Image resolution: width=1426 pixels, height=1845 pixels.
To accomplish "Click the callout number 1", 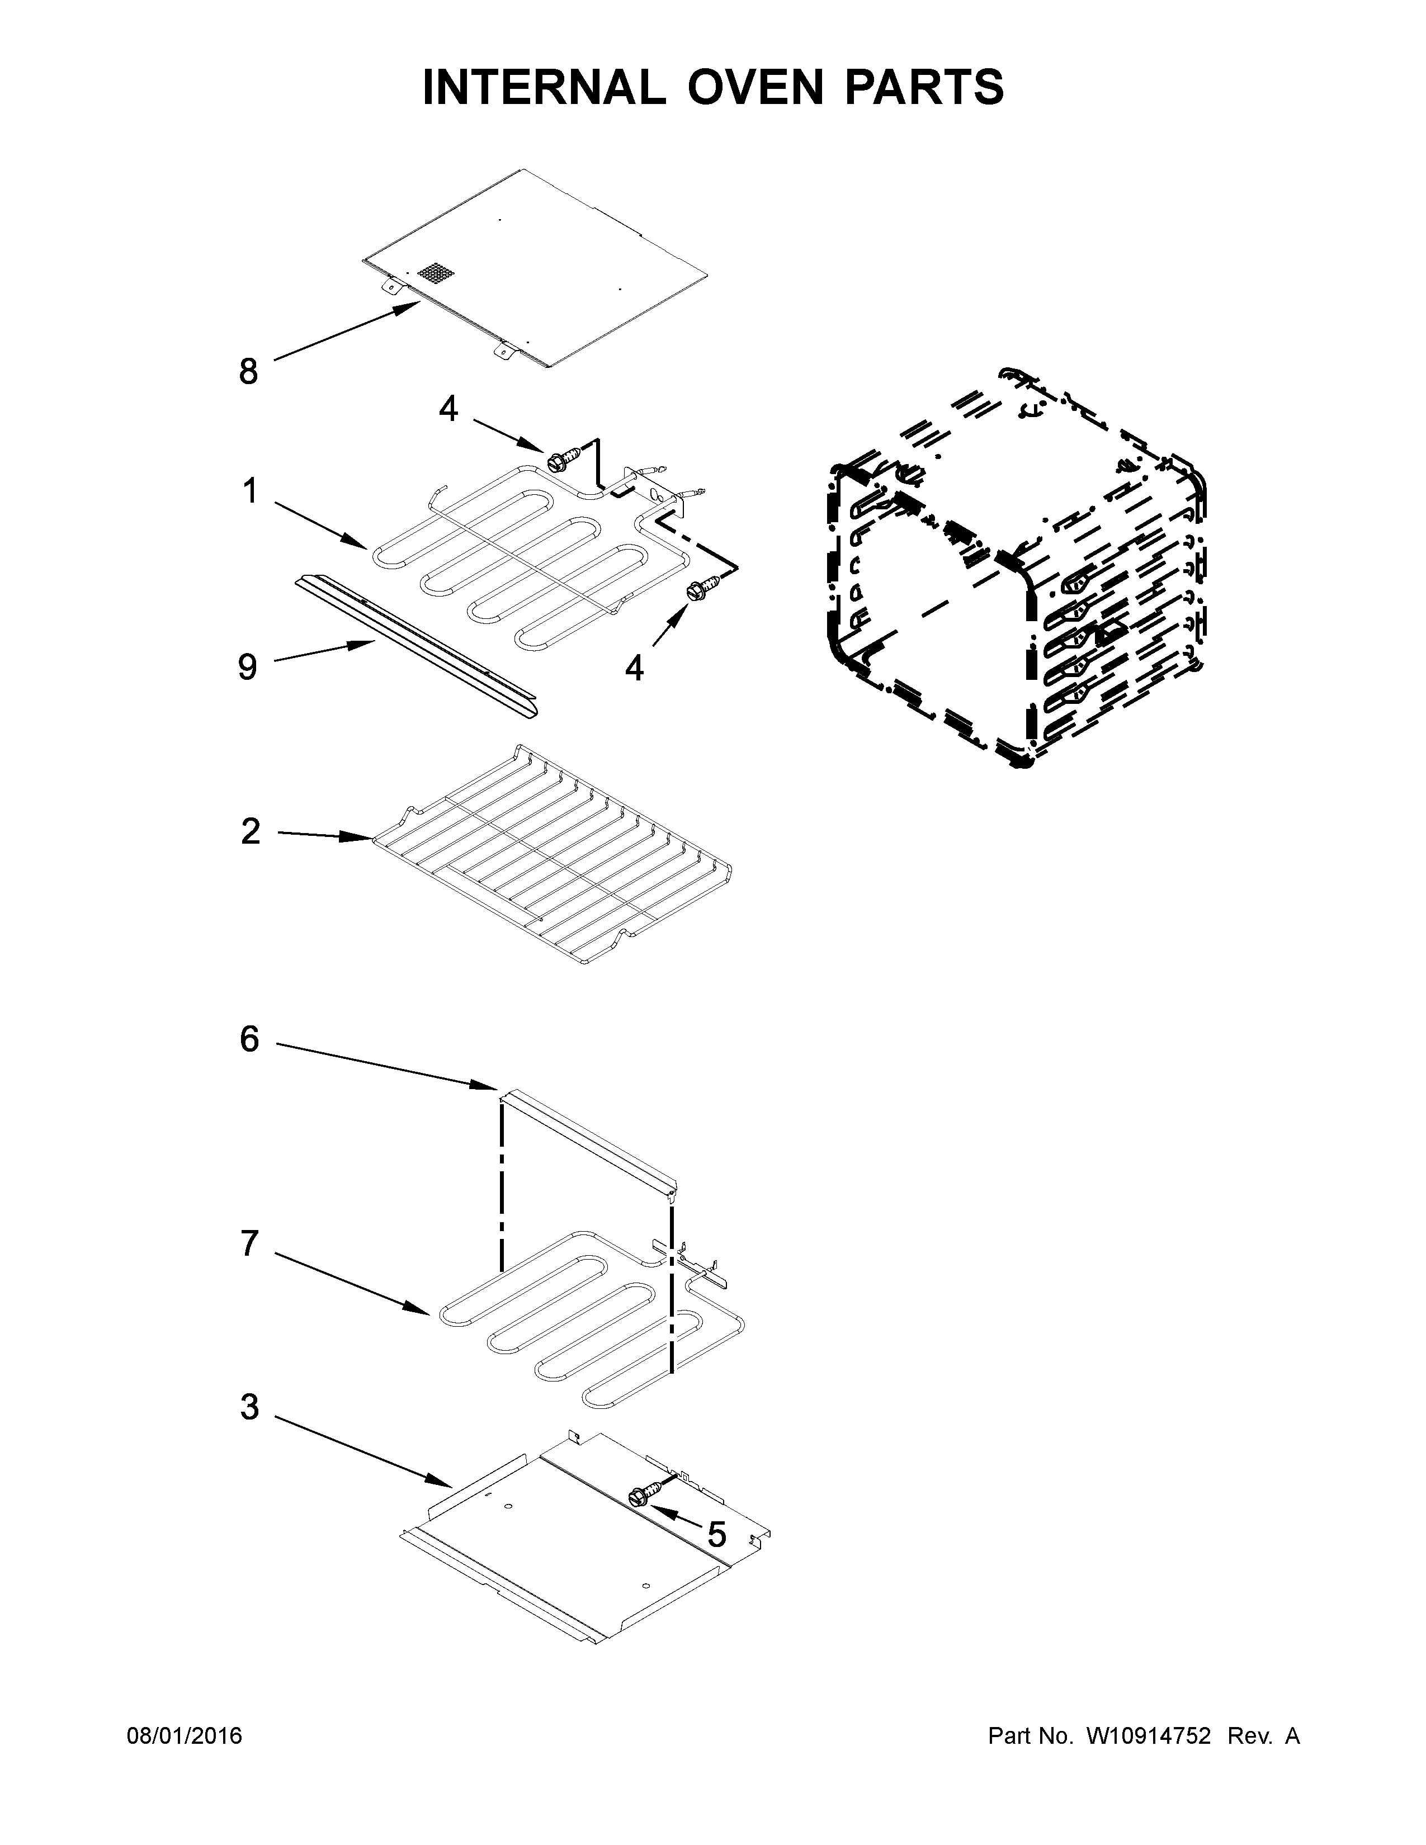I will (249, 491).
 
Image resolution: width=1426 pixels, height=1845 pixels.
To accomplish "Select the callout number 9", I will (247, 668).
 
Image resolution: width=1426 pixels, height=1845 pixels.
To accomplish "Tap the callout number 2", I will (250, 832).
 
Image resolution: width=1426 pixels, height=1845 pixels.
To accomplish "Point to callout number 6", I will (249, 1039).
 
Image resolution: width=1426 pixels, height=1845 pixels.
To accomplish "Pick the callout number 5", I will (716, 1534).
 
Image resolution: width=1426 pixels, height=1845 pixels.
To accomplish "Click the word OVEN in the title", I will (754, 87).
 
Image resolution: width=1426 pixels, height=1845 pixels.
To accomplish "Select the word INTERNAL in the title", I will (543, 87).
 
